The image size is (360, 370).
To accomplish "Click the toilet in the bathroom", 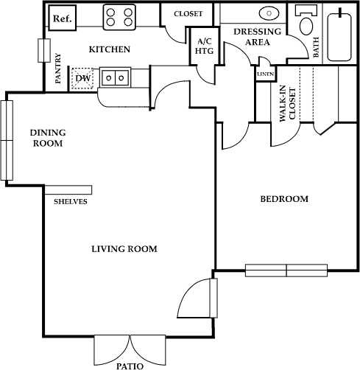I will (x=307, y=26).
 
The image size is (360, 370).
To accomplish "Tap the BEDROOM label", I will (x=283, y=199).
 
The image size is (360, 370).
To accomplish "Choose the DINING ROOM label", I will (x=47, y=138).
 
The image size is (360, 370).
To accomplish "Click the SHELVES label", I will (x=71, y=201).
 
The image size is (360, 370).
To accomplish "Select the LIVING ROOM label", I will (x=124, y=248).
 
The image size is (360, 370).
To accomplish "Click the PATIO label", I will (x=130, y=365).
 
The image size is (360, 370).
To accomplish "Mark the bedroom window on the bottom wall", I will (x=286, y=270).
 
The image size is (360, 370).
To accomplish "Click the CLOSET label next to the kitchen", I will (x=188, y=14).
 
